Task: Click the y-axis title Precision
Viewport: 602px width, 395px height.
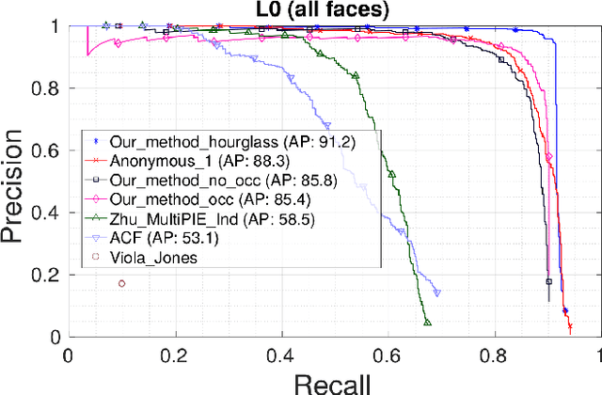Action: coord(18,182)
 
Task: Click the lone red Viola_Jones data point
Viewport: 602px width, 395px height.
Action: coord(121,283)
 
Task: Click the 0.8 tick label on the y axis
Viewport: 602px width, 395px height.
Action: coord(44,88)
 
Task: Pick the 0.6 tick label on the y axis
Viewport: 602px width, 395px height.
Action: coord(44,150)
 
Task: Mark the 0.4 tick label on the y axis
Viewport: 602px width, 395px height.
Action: coord(44,213)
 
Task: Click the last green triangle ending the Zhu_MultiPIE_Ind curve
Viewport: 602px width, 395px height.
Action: coord(427,323)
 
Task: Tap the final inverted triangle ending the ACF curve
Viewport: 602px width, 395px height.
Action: coord(436,292)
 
